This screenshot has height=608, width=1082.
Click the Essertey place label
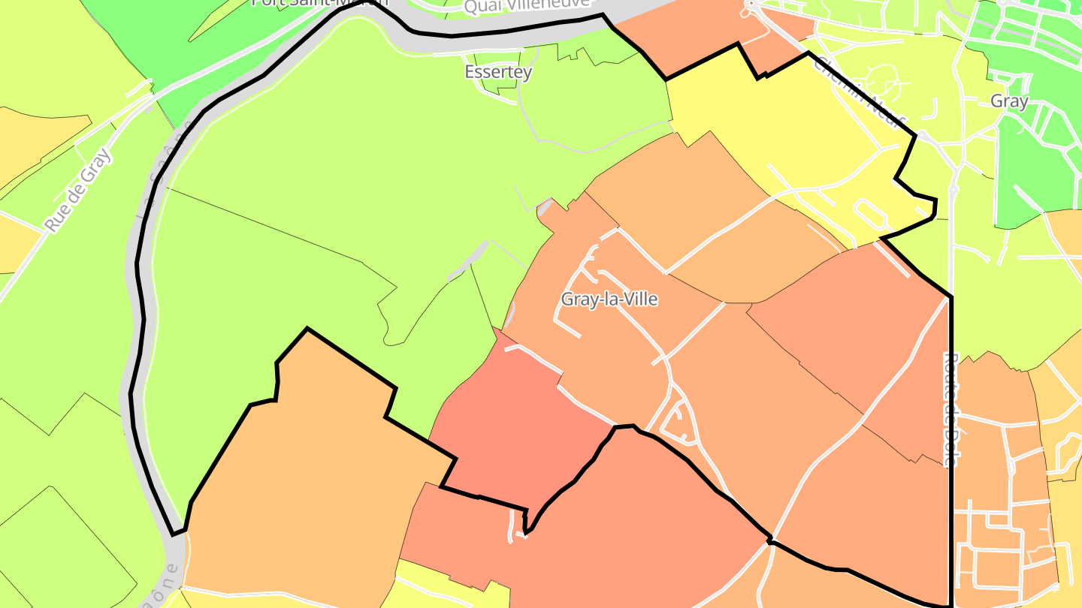tap(498, 72)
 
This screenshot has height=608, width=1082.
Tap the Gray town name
tap(1008, 101)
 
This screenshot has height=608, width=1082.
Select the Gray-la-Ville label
tap(609, 299)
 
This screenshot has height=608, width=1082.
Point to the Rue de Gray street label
tap(77, 190)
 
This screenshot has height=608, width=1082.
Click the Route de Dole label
tap(950, 409)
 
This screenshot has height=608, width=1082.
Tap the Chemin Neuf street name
tap(860, 90)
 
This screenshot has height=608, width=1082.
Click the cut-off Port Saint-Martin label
tap(319, 3)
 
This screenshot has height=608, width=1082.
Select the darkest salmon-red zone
tap(518, 428)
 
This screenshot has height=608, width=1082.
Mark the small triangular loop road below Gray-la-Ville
tap(679, 424)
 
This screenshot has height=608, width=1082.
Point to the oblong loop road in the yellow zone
tap(871, 214)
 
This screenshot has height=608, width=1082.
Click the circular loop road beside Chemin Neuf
tap(880, 79)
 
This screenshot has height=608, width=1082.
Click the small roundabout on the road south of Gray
tap(953, 190)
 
